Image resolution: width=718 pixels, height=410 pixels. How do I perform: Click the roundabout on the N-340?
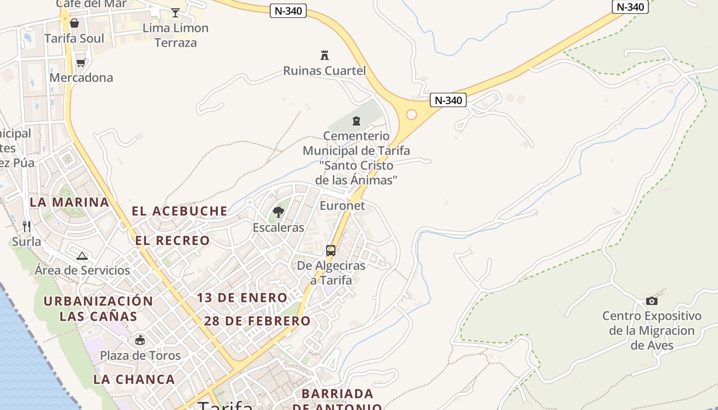pos(411,114)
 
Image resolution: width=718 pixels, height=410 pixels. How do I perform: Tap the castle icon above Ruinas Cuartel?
pos(324,55)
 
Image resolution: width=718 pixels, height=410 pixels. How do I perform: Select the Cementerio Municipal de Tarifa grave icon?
pos(356,121)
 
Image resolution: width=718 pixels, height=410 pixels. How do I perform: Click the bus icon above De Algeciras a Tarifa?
pos(331,251)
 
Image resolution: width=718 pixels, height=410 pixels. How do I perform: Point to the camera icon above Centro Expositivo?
pos(652,301)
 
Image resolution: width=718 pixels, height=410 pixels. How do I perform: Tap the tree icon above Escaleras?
pos(278,212)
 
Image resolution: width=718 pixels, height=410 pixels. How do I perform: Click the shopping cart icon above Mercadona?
pos(81,63)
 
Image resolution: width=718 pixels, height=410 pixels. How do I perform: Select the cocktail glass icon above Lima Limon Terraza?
pos(175,12)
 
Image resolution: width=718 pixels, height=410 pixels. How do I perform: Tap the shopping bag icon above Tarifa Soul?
pos(74,23)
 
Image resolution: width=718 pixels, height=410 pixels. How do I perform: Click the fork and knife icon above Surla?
pos(27,226)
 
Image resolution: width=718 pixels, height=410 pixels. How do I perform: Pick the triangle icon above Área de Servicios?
pos(82,255)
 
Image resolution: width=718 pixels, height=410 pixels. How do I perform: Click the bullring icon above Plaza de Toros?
pos(139,340)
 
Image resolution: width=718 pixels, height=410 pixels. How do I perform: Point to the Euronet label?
pos(342,206)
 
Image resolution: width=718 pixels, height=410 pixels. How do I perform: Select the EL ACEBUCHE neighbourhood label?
pos(180,211)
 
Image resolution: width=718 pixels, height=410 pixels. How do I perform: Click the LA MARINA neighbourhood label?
pos(69,202)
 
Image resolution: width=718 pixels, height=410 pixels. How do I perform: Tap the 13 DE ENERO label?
pos(242,298)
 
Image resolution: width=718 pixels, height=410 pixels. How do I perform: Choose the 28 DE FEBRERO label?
pos(257,321)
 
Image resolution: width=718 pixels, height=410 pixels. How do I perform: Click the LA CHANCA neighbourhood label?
pos(134,379)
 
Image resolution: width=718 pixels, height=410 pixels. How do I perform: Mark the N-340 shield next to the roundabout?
pos(448,100)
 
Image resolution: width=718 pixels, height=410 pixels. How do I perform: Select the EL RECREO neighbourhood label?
pos(172,240)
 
